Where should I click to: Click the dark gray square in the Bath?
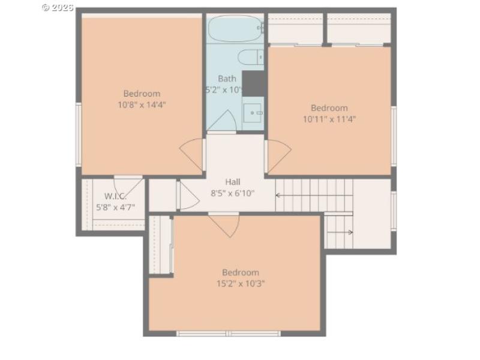pyautogui.click(x=253, y=83)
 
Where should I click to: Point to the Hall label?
pyautogui.click(x=233, y=182)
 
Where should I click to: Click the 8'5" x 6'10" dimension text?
pyautogui.click(x=233, y=193)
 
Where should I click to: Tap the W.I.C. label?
pyautogui.click(x=115, y=196)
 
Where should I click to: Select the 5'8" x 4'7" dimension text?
pyautogui.click(x=115, y=208)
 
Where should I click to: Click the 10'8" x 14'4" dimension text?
pyautogui.click(x=142, y=104)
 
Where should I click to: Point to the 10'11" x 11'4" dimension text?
pyautogui.click(x=329, y=119)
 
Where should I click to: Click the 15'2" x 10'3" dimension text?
pyautogui.click(x=240, y=283)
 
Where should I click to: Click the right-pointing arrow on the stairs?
pyautogui.click(x=349, y=232)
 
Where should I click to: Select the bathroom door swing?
pyautogui.click(x=222, y=122)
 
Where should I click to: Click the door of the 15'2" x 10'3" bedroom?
pyautogui.click(x=224, y=224)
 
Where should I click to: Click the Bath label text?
pyautogui.click(x=227, y=79)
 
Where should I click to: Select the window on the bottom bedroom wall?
pyautogui.click(x=229, y=333)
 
